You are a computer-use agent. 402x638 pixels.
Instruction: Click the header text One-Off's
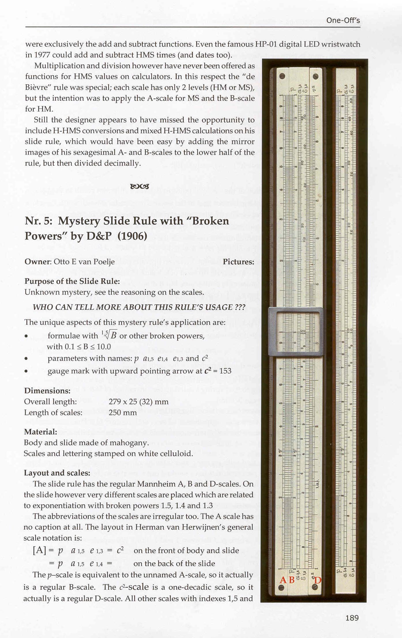click(343, 20)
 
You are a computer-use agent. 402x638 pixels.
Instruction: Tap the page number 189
click(352, 618)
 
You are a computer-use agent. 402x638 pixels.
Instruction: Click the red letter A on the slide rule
click(283, 580)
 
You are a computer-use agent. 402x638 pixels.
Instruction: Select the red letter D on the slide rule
click(318, 580)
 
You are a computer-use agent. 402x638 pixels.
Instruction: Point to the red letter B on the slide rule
click(292, 580)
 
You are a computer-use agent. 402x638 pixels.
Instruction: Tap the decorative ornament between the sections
click(140, 186)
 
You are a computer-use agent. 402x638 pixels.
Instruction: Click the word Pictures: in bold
click(238, 262)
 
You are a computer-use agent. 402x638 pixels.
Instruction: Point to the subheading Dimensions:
click(47, 391)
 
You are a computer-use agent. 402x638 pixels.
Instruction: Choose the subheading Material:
click(40, 432)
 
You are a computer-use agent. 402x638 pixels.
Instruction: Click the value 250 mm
click(123, 413)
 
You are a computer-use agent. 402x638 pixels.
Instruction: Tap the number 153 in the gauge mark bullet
click(225, 371)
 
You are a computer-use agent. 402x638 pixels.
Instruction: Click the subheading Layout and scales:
click(57, 473)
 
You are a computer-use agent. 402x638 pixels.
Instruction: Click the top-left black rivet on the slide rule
click(282, 76)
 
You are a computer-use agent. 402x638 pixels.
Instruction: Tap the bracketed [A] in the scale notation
click(40, 551)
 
